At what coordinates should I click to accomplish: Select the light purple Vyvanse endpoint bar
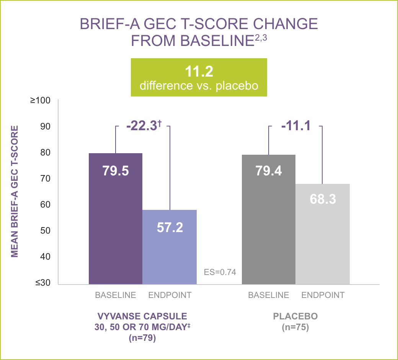coord(170,253)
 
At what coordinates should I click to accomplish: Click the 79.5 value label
coord(116,171)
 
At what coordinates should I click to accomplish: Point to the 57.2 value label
coord(170,227)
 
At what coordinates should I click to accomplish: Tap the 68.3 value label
coord(323,199)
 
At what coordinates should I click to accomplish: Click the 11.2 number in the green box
coord(199,71)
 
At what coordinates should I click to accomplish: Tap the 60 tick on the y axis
coord(45,205)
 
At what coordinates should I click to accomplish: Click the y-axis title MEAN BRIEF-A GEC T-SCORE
coord(15,191)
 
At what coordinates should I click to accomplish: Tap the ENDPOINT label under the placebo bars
coord(323,295)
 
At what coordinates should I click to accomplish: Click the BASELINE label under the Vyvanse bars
coord(116,295)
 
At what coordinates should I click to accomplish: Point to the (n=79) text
coord(142,339)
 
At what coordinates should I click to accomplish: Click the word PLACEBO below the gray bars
coord(295,317)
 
